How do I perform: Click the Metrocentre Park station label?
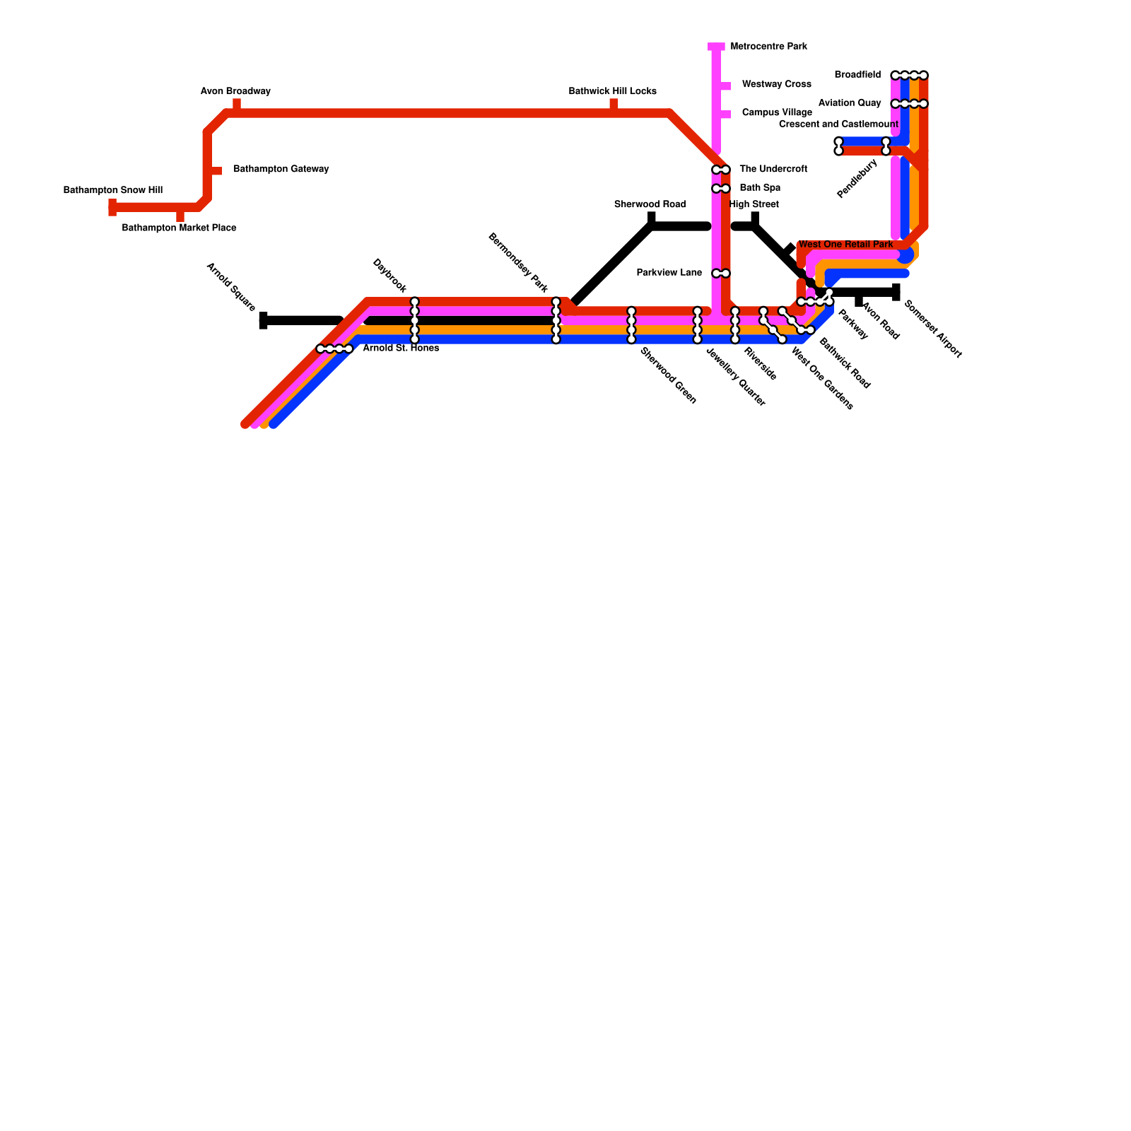[x=768, y=47]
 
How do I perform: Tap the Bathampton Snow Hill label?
[x=113, y=191]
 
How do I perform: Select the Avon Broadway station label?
[x=235, y=92]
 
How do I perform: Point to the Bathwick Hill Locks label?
[x=613, y=92]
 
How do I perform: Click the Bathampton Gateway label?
[x=281, y=170]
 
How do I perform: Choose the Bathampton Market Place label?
[x=179, y=228]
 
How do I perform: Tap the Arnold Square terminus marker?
[x=264, y=321]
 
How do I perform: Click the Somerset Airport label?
[x=933, y=329]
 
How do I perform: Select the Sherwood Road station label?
[x=650, y=205]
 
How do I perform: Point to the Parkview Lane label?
[x=669, y=273]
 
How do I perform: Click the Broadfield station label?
[x=857, y=75]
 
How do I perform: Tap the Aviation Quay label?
[x=850, y=103]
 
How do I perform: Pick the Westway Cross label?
[x=776, y=85]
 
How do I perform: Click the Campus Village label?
[x=777, y=113]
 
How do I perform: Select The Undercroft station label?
[x=773, y=170]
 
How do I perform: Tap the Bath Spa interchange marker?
[x=721, y=189]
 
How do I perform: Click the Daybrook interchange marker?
[x=415, y=320]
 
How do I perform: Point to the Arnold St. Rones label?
[x=401, y=348]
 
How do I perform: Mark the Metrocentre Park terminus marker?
[x=716, y=47]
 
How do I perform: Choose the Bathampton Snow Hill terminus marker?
[x=112, y=207]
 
